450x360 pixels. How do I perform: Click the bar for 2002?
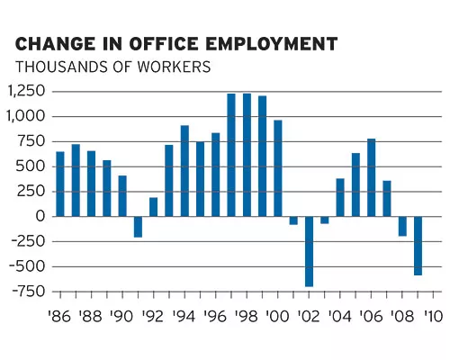pos(309,251)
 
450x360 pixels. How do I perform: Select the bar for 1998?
pos(247,155)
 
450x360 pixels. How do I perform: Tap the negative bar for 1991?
pos(138,227)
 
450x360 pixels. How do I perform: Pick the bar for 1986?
pos(60,184)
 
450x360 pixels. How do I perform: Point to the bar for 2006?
pos(372,177)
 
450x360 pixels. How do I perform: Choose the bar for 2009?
pos(418,246)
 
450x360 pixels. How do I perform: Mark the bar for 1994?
pos(184,171)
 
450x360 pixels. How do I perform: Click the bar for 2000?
pos(278,168)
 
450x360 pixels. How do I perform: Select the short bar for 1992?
pos(154,207)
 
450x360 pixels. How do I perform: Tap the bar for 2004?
pos(340,197)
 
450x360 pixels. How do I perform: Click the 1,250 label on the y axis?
pos(26,91)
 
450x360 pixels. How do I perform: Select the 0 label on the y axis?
pos(40,216)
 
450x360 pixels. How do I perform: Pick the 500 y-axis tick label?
pos(31,166)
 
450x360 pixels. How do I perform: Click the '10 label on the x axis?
pos(433,316)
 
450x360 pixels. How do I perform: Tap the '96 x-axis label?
pos(215,316)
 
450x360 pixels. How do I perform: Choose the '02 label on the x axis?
pos(309,316)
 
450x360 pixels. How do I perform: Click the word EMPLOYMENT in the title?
pos(272,44)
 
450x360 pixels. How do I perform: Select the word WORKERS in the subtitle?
pos(174,67)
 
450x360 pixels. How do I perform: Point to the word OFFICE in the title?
pos(164,44)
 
